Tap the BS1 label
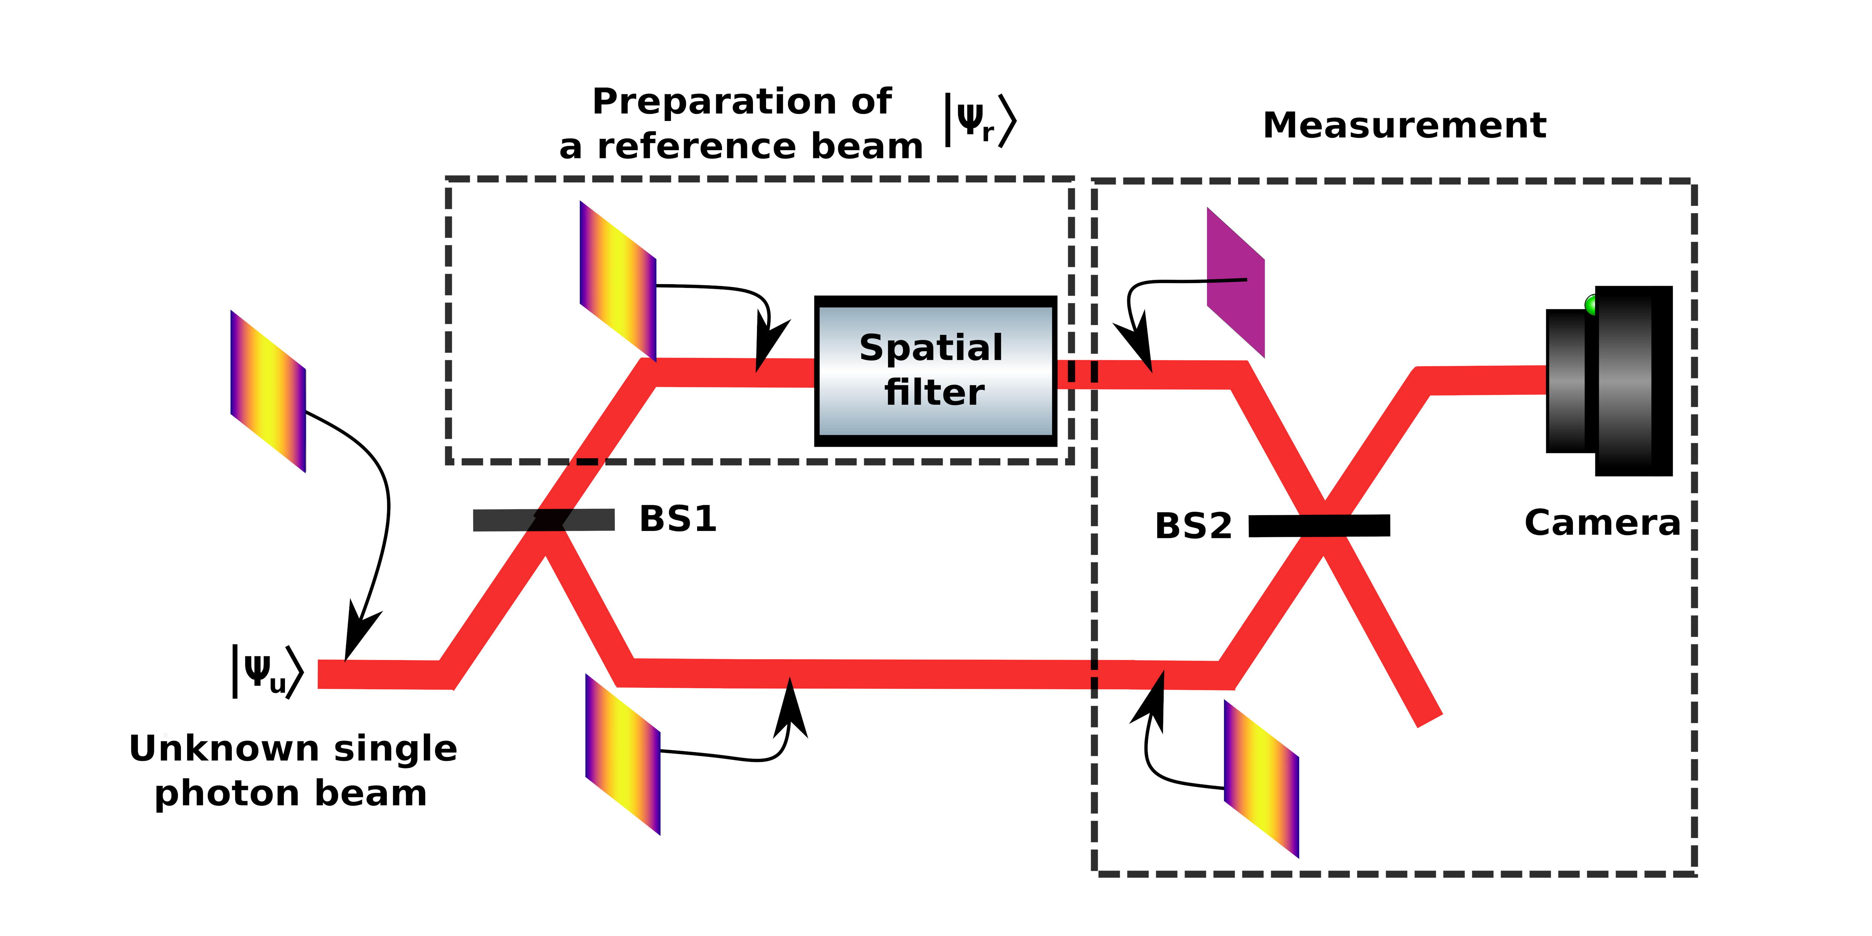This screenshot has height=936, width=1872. (x=677, y=519)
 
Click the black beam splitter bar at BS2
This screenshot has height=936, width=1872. (x=1319, y=525)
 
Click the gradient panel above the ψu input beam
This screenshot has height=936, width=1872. (x=267, y=391)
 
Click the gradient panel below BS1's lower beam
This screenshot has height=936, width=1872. (x=623, y=754)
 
